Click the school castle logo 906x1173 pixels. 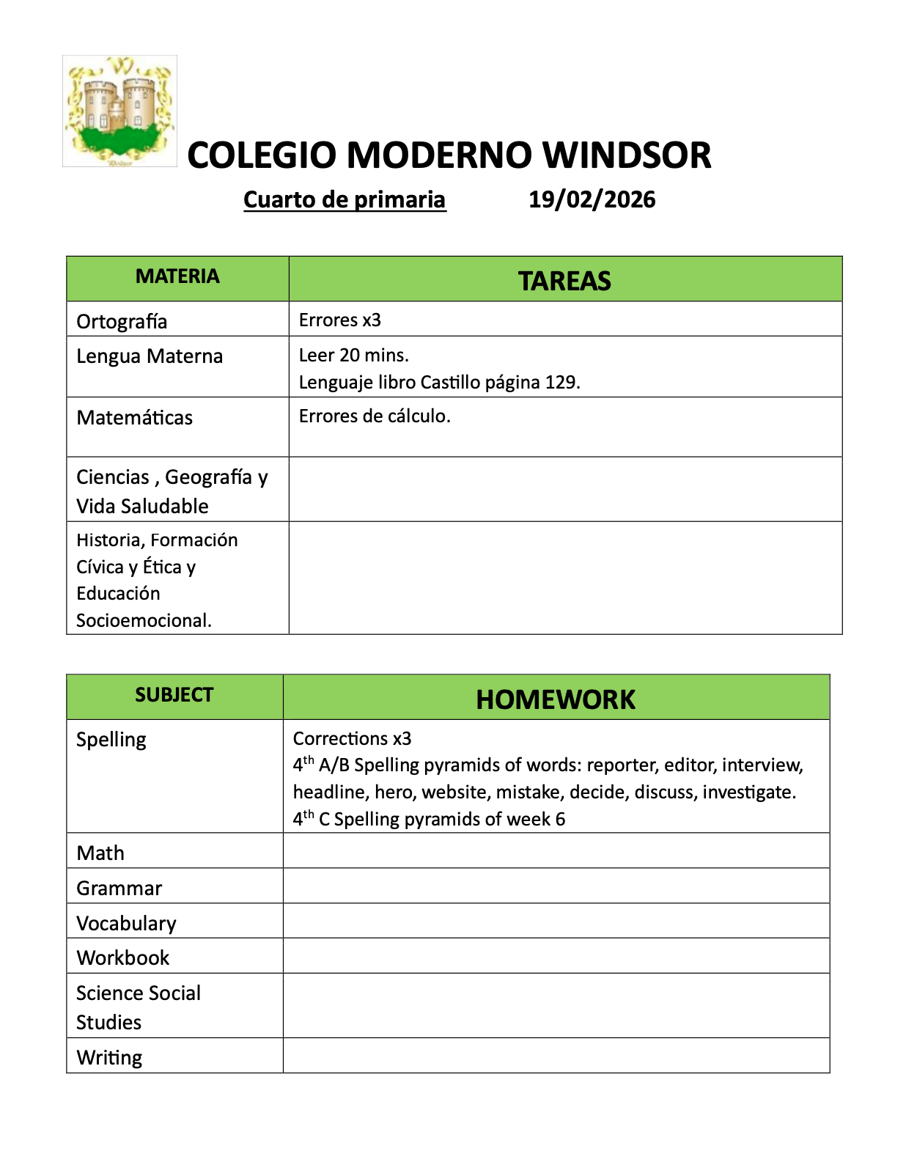click(x=119, y=111)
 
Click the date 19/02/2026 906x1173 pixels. click(x=592, y=199)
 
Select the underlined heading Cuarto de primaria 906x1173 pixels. click(x=345, y=199)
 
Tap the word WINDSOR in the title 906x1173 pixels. click(x=627, y=155)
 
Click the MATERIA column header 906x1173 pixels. click(x=177, y=276)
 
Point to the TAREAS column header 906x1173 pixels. click(x=564, y=281)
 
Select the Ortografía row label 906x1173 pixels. click(x=122, y=321)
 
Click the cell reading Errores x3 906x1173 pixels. click(x=340, y=320)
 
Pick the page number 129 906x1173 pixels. click(x=561, y=382)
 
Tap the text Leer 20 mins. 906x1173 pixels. click(x=353, y=355)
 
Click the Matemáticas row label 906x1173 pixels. click(x=134, y=417)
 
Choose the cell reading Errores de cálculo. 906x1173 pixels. click(x=375, y=416)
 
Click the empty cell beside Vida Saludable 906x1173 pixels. click(x=564, y=489)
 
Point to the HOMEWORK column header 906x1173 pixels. click(x=556, y=699)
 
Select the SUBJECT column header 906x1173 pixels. click(x=174, y=695)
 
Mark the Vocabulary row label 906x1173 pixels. click(x=126, y=923)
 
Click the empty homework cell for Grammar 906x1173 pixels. click(x=556, y=886)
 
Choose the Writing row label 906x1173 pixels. click(x=109, y=1057)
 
